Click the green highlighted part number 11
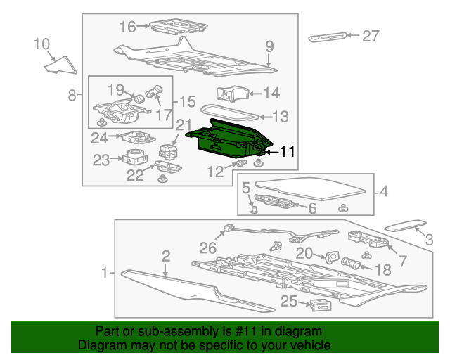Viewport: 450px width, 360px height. click(230, 139)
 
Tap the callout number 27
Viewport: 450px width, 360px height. click(371, 36)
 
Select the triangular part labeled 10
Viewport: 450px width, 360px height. click(60, 65)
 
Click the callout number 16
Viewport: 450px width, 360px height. click(127, 27)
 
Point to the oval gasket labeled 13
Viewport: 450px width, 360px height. click(230, 112)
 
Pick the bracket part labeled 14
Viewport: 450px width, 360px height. click(232, 94)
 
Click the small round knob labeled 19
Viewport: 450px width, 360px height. click(140, 98)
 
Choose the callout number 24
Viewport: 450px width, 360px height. click(99, 138)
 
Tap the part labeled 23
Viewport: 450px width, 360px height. click(135, 157)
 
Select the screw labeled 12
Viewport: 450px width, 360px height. click(241, 164)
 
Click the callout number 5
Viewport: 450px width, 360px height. click(246, 188)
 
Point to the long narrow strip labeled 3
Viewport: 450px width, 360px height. click(405, 225)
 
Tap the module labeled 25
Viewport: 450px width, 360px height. click(321, 305)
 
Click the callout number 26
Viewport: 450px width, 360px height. click(208, 247)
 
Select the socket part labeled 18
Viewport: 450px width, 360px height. click(350, 263)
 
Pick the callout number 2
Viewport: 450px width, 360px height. click(166, 257)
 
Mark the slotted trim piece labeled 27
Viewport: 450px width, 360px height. click(328, 37)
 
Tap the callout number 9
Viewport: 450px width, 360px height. click(269, 46)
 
